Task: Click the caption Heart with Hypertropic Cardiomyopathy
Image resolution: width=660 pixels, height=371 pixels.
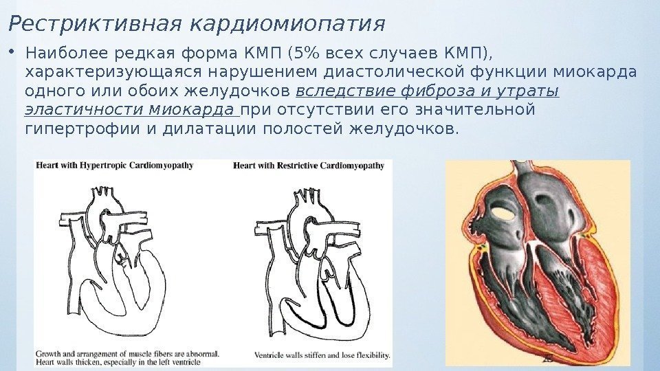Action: (x=115, y=166)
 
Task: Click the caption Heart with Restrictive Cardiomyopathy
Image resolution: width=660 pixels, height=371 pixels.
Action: (x=309, y=166)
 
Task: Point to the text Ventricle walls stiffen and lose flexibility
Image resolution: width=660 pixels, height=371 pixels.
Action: (x=322, y=356)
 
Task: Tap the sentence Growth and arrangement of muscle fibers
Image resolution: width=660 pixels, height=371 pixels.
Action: (x=127, y=354)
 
